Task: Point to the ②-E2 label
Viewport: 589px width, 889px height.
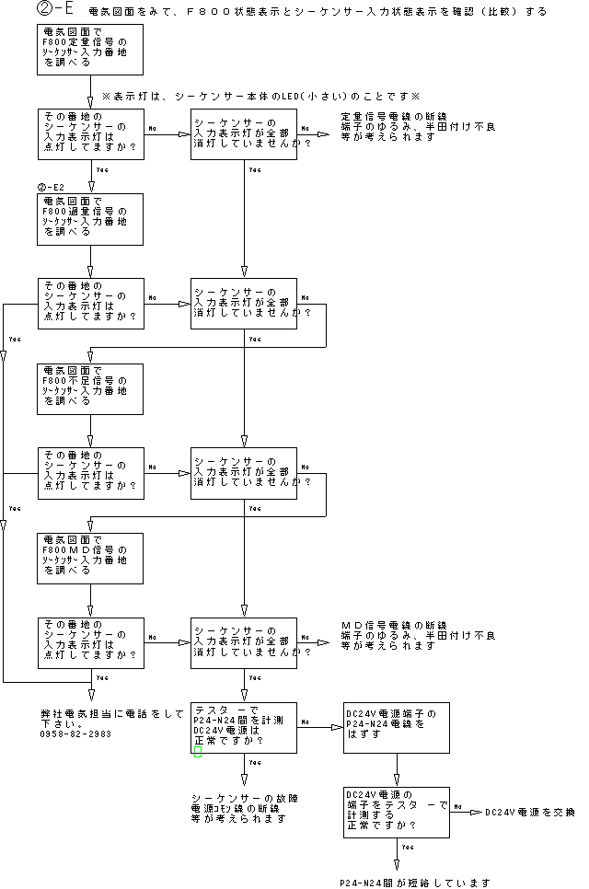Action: tap(51, 187)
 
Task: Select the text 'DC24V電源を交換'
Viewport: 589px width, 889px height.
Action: tap(529, 812)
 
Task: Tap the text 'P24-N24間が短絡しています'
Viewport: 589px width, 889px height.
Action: tap(413, 883)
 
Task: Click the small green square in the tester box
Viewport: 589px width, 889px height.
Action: tap(198, 752)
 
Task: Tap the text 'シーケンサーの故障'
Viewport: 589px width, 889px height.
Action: tap(245, 797)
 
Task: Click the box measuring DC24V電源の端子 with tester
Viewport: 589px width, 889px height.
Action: tap(397, 812)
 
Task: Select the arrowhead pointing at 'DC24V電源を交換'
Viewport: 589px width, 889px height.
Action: tap(476, 812)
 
